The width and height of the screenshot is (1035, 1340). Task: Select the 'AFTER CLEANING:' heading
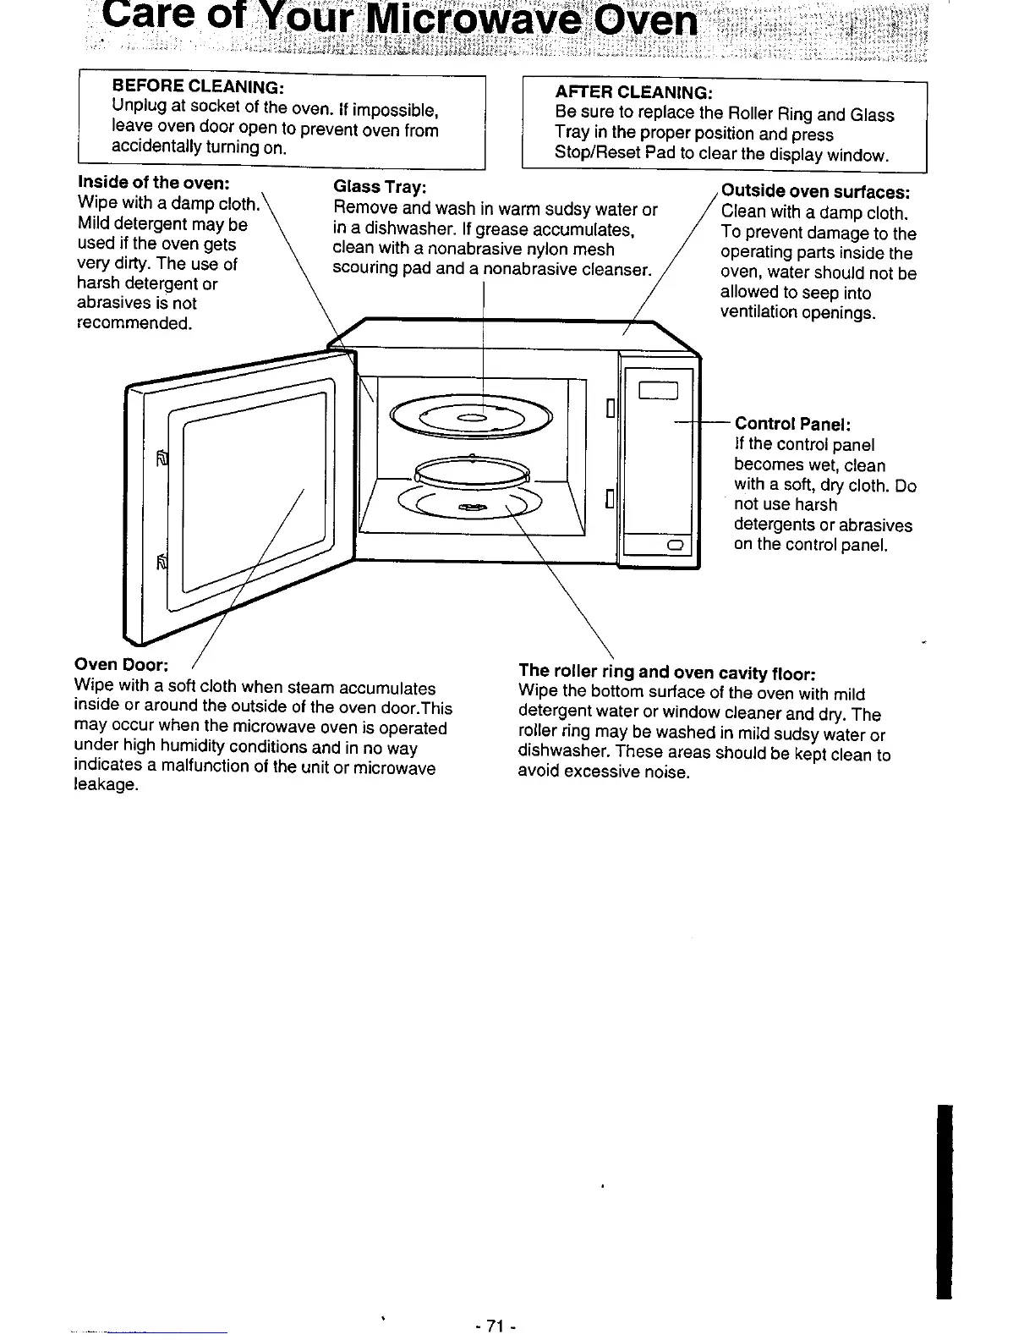pyautogui.click(x=633, y=92)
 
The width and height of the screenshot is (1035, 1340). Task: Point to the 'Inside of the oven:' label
pyautogui.click(x=154, y=183)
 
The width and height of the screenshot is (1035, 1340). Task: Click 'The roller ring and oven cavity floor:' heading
pyautogui.click(x=666, y=673)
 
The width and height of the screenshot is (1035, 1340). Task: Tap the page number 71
pyautogui.click(x=496, y=1326)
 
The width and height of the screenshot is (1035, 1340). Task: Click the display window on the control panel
pyautogui.click(x=659, y=389)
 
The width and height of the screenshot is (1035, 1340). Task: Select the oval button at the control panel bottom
pyautogui.click(x=675, y=544)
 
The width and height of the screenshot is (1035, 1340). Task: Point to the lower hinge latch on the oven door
pyautogui.click(x=163, y=563)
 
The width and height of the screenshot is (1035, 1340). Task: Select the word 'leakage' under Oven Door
pyautogui.click(x=106, y=786)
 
